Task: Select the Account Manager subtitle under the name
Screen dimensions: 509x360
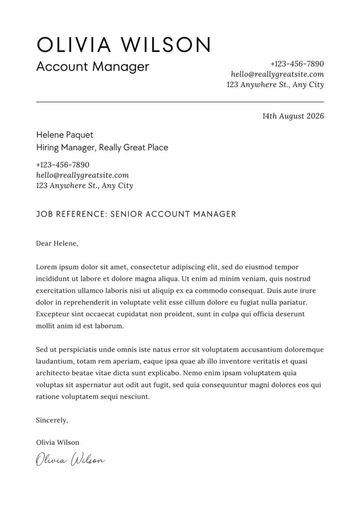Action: click(92, 67)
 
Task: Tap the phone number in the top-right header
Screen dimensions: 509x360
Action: click(297, 64)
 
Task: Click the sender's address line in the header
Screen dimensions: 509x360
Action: click(275, 85)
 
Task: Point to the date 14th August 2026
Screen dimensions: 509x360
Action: click(293, 116)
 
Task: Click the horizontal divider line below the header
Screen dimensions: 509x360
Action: click(180, 102)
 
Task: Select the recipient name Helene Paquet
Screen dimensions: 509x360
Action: click(65, 135)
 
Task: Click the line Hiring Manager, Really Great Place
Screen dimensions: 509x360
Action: click(102, 148)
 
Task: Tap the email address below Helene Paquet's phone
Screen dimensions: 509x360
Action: click(82, 175)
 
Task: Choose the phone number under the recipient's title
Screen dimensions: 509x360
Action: click(62, 165)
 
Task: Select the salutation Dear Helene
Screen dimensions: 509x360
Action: click(57, 243)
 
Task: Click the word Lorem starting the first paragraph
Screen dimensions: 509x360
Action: click(45, 267)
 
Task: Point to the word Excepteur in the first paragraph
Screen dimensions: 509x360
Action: click(52, 314)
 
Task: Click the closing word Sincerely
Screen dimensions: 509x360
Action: click(52, 420)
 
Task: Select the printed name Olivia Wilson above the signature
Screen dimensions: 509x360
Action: click(58, 442)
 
